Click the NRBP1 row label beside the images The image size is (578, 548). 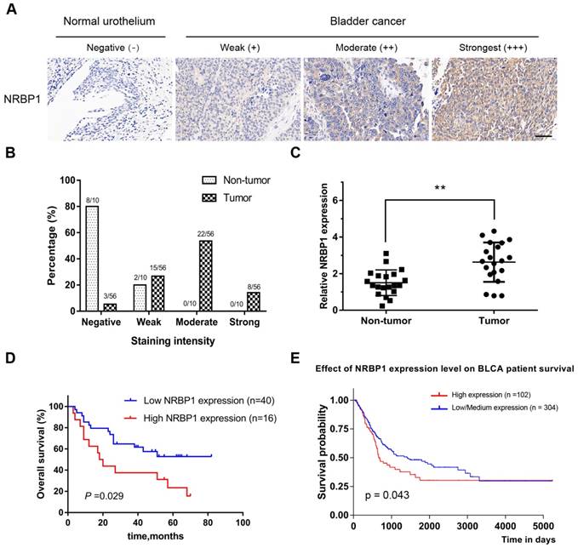[22, 99]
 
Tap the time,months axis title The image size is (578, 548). [156, 530]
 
